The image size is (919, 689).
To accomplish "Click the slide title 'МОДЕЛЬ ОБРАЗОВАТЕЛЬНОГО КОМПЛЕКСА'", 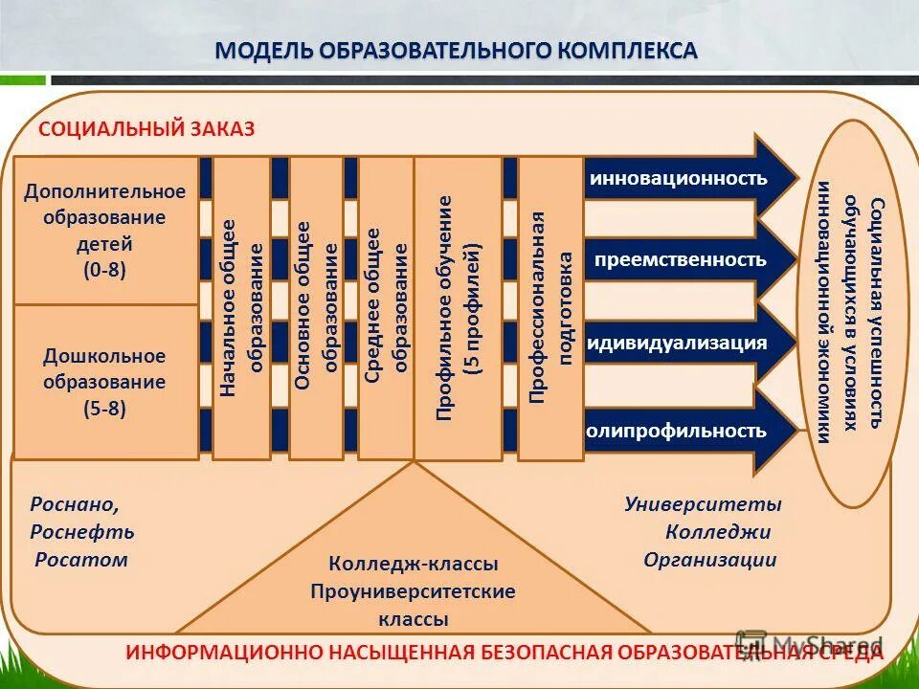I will pos(456,50).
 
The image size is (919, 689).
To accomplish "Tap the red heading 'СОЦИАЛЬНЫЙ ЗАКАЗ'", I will pos(146,129).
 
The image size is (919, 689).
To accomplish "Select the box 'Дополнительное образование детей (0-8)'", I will pos(106,231).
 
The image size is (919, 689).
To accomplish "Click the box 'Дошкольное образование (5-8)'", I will pos(105,382).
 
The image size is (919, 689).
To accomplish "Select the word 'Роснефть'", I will pos(82,532).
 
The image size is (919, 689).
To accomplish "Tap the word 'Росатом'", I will pos(81,560).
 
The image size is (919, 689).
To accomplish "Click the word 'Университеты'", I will pos(704,504).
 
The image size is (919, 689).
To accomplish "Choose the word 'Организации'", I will pos(710,561).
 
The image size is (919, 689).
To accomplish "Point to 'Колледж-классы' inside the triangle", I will pos(413,565).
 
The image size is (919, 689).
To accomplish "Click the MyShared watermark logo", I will pos(809,644).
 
